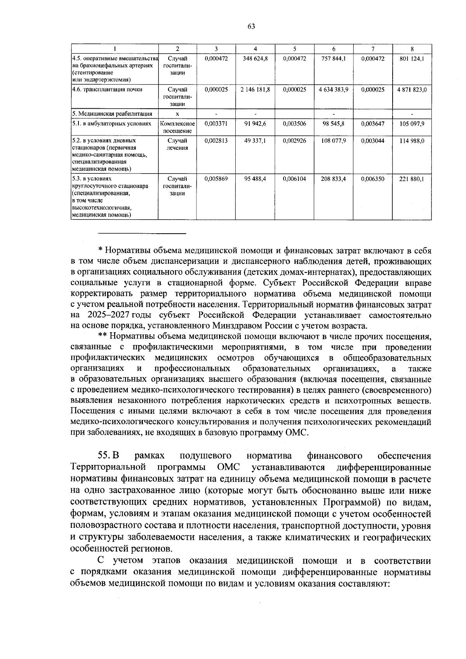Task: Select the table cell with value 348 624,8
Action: [x=255, y=59]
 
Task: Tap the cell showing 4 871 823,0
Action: [x=412, y=90]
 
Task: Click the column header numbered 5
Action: [x=295, y=49]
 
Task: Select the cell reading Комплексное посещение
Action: [x=177, y=127]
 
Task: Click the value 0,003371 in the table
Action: [x=216, y=123]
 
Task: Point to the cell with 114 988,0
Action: [x=412, y=141]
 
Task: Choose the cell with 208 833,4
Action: [x=334, y=179]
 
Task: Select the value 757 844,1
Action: [x=334, y=59]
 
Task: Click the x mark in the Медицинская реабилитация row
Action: [x=177, y=114]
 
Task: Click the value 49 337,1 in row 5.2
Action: [x=255, y=141]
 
